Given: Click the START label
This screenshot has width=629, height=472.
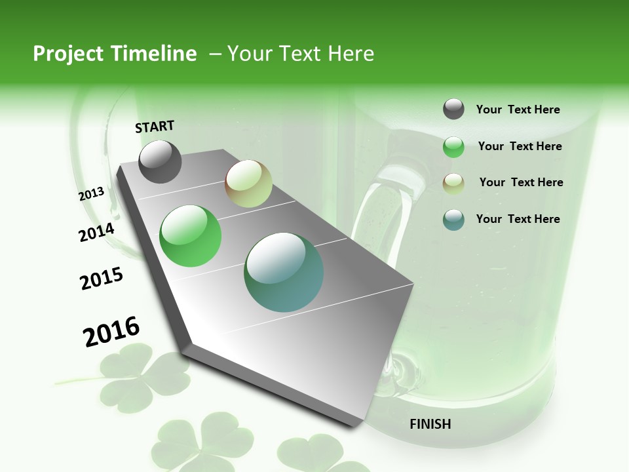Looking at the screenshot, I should [x=155, y=127].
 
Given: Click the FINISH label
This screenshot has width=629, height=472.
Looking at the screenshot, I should [x=430, y=424].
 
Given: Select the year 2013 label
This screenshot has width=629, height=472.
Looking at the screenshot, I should [x=91, y=194].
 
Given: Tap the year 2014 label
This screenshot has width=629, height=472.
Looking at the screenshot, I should [x=96, y=232].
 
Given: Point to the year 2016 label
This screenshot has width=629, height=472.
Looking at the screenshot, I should [x=111, y=331].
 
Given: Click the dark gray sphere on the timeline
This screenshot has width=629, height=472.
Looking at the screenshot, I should [x=160, y=162].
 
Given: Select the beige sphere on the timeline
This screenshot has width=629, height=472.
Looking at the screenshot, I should [x=248, y=184].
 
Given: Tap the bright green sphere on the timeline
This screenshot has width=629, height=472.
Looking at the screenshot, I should [x=190, y=235].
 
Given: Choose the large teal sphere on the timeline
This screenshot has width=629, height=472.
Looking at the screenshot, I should [x=284, y=272].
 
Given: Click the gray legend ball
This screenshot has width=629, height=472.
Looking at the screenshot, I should [x=453, y=109].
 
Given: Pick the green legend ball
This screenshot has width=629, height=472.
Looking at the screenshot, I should [x=453, y=147].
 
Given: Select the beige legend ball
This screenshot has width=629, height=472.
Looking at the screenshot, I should [x=453, y=183].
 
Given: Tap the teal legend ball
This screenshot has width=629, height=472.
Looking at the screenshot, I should [x=453, y=220].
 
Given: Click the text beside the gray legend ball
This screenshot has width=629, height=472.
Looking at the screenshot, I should [x=518, y=109].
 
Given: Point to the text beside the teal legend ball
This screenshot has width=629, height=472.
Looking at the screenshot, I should [x=518, y=219].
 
